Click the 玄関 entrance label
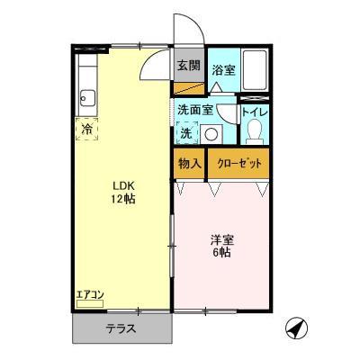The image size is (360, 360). click(x=188, y=66)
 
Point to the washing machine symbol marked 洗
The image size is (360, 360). click(x=185, y=133)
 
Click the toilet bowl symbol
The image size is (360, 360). click(x=254, y=133)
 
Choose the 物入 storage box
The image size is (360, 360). click(x=188, y=165)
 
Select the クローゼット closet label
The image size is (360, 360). click(x=238, y=165)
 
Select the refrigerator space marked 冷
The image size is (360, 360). click(x=88, y=128)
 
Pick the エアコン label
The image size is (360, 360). click(x=91, y=293)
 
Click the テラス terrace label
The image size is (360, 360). click(x=120, y=328)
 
